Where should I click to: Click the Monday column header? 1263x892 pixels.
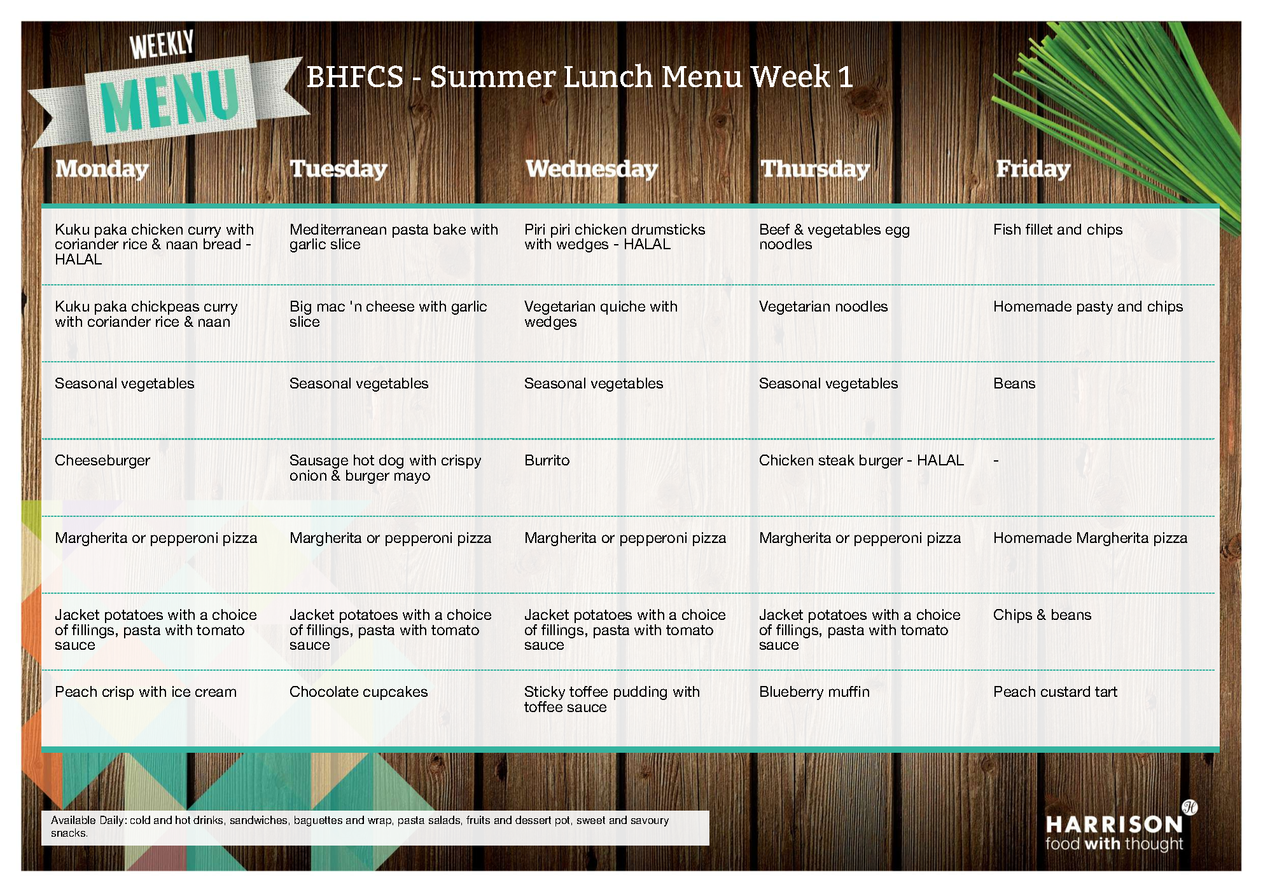[102, 169]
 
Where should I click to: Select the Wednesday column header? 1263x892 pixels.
[591, 169]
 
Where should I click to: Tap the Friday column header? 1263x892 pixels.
[1033, 169]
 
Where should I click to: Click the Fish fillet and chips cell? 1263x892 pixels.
[1057, 230]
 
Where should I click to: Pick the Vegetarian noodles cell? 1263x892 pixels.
[823, 306]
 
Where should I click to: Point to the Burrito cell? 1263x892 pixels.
[547, 460]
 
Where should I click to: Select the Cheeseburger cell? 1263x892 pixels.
[102, 460]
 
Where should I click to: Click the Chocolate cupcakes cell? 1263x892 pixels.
[358, 692]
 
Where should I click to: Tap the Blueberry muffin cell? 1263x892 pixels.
[814, 692]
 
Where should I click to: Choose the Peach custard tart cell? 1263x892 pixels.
[1055, 692]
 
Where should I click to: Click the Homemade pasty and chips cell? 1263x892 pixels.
[1088, 306]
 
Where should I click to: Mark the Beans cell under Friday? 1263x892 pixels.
[1014, 383]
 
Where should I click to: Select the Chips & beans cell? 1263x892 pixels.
[1042, 615]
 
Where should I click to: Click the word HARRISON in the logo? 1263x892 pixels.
[1113, 825]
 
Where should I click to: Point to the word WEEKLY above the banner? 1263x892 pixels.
[162, 45]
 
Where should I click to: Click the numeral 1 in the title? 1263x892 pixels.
[845, 77]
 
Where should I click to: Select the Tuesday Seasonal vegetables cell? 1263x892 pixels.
[359, 383]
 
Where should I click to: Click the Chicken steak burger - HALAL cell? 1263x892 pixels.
[861, 460]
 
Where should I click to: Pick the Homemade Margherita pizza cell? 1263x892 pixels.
[1090, 538]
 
